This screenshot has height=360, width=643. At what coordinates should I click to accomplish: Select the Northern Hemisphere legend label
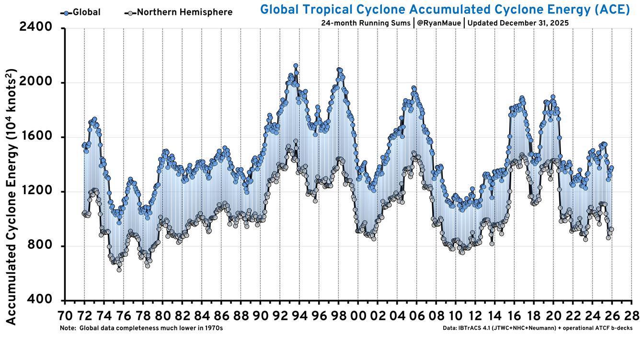pos(184,12)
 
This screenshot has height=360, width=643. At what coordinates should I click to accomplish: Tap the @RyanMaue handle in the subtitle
pos(438,23)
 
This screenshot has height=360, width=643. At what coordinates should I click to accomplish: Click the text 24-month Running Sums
pos(366,23)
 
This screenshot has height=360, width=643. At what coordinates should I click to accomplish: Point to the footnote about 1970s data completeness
pos(141,328)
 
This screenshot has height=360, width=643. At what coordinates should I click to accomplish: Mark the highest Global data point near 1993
pos(296,66)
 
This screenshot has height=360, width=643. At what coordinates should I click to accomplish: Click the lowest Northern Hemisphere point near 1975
pos(119,270)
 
